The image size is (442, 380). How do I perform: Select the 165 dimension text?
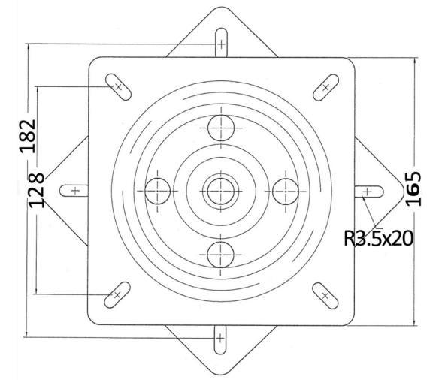pyautogui.click(x=413, y=188)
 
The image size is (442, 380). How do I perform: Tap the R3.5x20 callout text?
pyautogui.click(x=380, y=238)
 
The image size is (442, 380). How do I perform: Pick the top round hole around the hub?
pyautogui.click(x=220, y=127)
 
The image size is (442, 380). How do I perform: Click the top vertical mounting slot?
pyautogui.click(x=221, y=46)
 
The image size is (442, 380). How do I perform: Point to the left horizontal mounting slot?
pyautogui.click(x=74, y=191)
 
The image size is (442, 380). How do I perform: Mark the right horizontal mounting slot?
pyautogui.click(x=367, y=192)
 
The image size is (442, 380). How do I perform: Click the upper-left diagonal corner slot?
pyautogui.click(x=117, y=87)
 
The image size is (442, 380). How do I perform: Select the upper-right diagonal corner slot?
pyautogui.click(x=325, y=87)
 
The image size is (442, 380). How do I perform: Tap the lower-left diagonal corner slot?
pyautogui.click(x=116, y=294)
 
